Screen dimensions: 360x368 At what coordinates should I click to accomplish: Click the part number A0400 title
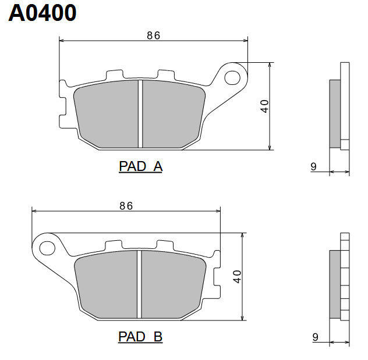[43, 13]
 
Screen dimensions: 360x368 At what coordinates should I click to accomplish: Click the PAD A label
[140, 167]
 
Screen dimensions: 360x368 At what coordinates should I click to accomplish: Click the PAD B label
[140, 337]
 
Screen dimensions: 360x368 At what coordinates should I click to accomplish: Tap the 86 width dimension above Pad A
[153, 35]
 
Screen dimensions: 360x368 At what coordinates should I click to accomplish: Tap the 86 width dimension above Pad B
[126, 205]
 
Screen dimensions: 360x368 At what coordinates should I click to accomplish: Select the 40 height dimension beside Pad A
[264, 106]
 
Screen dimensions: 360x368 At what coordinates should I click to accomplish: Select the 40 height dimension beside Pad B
[238, 276]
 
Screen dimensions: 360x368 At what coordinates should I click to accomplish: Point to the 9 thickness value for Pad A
[313, 167]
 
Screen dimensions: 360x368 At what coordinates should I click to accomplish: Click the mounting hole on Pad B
[47, 245]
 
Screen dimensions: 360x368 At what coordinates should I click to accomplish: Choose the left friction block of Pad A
[107, 113]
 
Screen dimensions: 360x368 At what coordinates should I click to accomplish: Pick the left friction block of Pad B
[107, 284]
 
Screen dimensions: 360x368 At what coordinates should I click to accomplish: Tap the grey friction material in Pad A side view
[335, 113]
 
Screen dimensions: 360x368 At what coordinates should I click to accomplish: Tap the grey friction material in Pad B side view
[335, 284]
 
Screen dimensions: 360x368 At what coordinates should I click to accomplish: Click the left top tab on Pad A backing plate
[114, 76]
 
